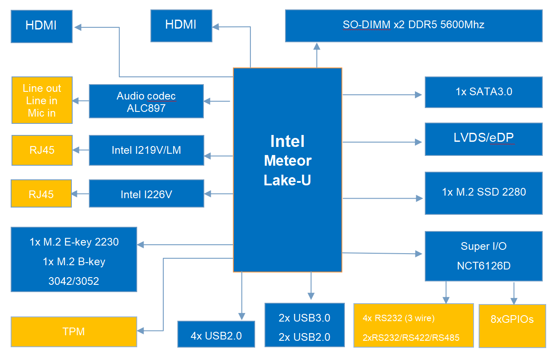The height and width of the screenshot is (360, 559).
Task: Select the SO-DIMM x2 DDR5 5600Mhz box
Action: coord(413,26)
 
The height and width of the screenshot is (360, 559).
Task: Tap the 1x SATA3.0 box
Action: coord(483,92)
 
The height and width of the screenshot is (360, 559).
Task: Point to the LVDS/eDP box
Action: coord(483,139)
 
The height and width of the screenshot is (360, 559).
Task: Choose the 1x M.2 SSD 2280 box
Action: coord(483,193)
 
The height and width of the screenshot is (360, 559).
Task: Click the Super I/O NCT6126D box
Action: coord(483,256)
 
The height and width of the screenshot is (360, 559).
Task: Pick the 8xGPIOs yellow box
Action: coord(512,325)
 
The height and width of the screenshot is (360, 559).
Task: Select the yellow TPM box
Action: coord(74,331)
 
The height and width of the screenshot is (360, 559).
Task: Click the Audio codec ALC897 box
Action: coord(146,101)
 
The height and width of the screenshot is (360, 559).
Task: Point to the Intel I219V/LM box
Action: coord(146,150)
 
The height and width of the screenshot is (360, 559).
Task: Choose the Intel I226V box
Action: coord(146,194)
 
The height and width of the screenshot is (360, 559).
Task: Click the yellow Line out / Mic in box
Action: coord(42,100)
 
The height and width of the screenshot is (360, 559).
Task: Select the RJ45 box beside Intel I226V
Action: coord(41,194)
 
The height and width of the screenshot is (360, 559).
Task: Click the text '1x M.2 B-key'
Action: coord(74,262)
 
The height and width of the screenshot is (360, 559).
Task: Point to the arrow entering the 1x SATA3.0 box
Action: coord(417,95)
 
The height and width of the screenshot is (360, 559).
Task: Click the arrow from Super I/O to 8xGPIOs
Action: coord(514,293)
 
